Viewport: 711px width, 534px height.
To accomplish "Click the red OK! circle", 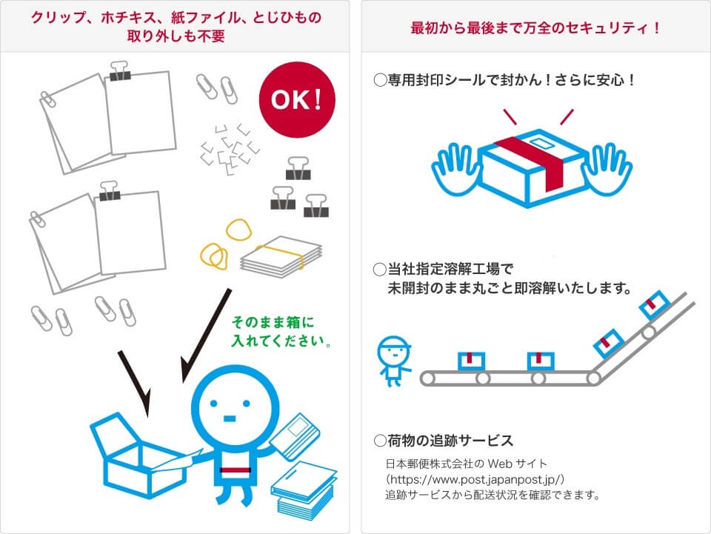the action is click(x=297, y=100).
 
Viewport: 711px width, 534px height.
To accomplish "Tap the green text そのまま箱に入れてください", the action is click(x=281, y=331).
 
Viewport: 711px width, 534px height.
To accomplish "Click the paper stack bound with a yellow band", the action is click(x=281, y=256).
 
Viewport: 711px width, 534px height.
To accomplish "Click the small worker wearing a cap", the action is click(x=393, y=361).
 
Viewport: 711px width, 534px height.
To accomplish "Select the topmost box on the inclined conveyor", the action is click(x=655, y=304).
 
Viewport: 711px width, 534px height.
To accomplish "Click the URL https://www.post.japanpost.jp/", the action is click(x=475, y=479).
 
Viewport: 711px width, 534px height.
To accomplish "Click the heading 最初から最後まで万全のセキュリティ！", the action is click(x=535, y=28).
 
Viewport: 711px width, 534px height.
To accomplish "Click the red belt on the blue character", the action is click(x=236, y=470).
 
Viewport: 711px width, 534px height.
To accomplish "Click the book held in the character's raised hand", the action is click(x=295, y=436).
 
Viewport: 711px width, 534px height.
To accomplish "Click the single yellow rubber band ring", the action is click(x=238, y=230).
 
